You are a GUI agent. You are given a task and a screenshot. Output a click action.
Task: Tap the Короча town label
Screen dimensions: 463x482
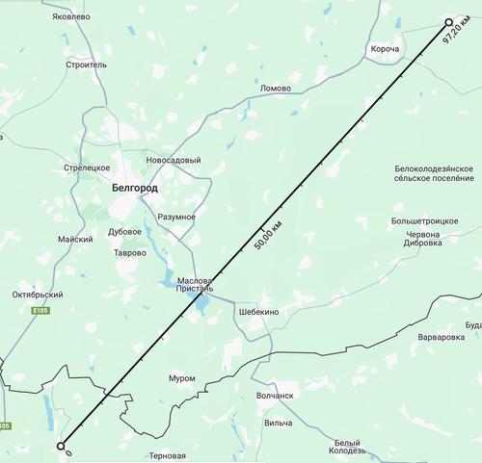385,49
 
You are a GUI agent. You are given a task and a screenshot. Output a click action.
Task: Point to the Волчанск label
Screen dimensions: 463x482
275,395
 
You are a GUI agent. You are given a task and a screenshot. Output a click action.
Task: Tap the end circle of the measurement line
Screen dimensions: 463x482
448,21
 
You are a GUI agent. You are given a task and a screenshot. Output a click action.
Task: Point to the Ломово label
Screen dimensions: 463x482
276,88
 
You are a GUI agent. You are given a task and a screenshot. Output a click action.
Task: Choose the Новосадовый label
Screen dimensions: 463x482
174,160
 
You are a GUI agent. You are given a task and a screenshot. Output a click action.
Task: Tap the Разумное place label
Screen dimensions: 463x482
176,217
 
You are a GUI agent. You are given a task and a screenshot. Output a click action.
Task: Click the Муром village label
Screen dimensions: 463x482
182,377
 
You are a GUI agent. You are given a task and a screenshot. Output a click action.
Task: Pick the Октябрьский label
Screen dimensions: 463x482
37,294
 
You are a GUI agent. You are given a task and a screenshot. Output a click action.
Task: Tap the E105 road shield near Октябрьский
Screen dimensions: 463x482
39,311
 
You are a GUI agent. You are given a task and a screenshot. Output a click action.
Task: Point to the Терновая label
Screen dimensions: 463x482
166,455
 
